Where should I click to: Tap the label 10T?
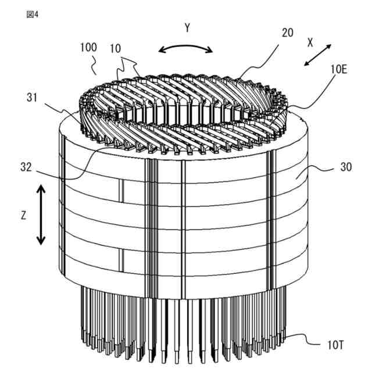336,344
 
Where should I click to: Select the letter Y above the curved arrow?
187,28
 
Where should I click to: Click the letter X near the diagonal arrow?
310,42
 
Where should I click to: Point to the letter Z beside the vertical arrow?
23,214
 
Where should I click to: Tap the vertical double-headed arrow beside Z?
41,214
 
